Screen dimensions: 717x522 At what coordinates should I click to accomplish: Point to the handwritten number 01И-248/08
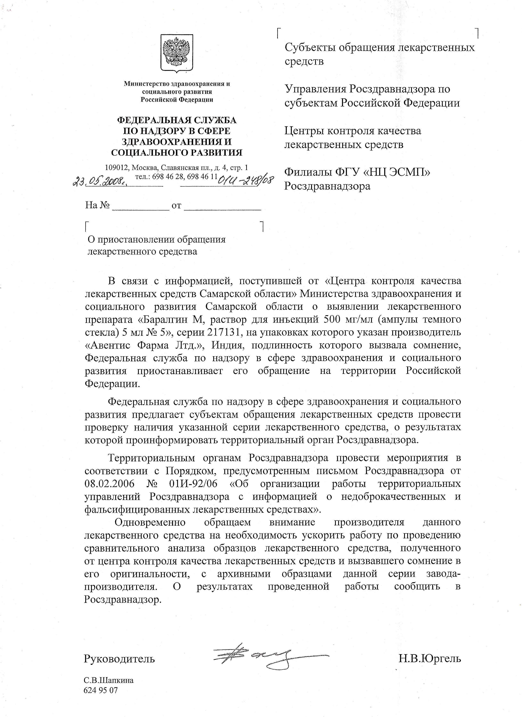coord(246,181)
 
